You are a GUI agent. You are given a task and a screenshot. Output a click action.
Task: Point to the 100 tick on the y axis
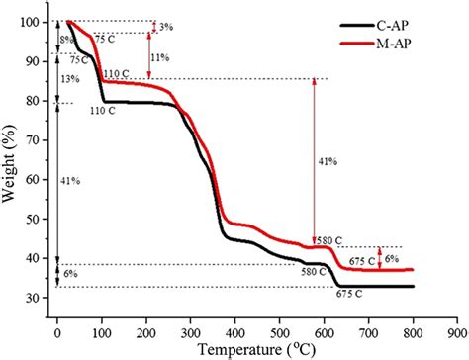[x=36, y=22]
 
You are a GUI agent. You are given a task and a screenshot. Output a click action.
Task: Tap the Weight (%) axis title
[x=11, y=163]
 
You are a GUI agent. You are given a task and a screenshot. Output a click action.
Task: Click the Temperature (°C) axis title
[x=256, y=347]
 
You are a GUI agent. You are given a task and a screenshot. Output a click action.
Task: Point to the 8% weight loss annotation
[x=65, y=40]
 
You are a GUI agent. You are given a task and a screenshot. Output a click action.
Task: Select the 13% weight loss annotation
[x=69, y=78]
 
